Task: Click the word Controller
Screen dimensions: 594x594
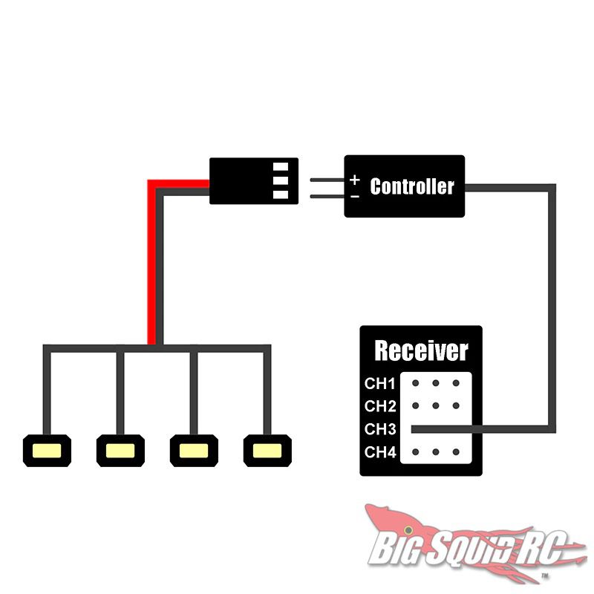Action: (412, 186)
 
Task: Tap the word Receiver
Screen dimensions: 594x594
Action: (421, 350)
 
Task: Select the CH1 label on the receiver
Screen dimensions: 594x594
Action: (379, 384)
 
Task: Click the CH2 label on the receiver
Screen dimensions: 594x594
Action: (380, 406)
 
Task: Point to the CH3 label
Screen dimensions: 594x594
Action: (380, 429)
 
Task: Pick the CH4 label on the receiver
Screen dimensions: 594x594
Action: (380, 452)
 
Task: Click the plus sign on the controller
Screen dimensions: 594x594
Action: (355, 180)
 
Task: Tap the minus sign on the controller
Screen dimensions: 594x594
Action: (355, 197)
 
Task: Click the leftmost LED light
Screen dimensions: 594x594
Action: (47, 451)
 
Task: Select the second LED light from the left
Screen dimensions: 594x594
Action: (120, 451)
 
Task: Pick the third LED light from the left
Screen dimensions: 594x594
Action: (194, 451)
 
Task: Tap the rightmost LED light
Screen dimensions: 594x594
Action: (267, 451)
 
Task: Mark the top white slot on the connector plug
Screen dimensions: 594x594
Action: (281, 166)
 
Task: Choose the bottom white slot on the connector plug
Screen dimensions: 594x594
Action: (281, 195)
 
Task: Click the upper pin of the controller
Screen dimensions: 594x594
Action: (327, 180)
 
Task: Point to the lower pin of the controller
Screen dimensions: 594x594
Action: (327, 196)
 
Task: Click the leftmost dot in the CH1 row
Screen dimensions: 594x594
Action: (416, 383)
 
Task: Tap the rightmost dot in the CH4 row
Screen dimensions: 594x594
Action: (456, 452)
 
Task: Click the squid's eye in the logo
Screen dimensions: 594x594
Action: (408, 529)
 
